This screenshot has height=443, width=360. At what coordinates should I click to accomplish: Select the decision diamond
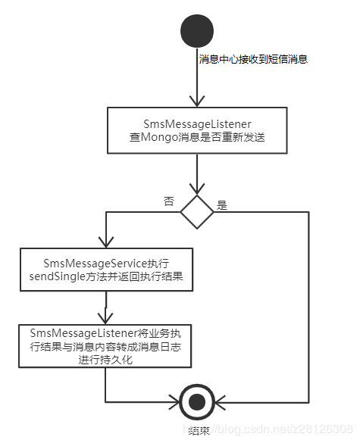(x=196, y=212)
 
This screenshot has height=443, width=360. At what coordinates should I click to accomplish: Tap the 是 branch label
(x=222, y=204)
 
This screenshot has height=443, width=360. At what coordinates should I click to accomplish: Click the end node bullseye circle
(x=197, y=401)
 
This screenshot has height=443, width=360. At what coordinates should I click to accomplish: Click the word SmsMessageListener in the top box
(x=196, y=123)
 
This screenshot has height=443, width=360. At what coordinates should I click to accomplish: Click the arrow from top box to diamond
(x=196, y=174)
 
